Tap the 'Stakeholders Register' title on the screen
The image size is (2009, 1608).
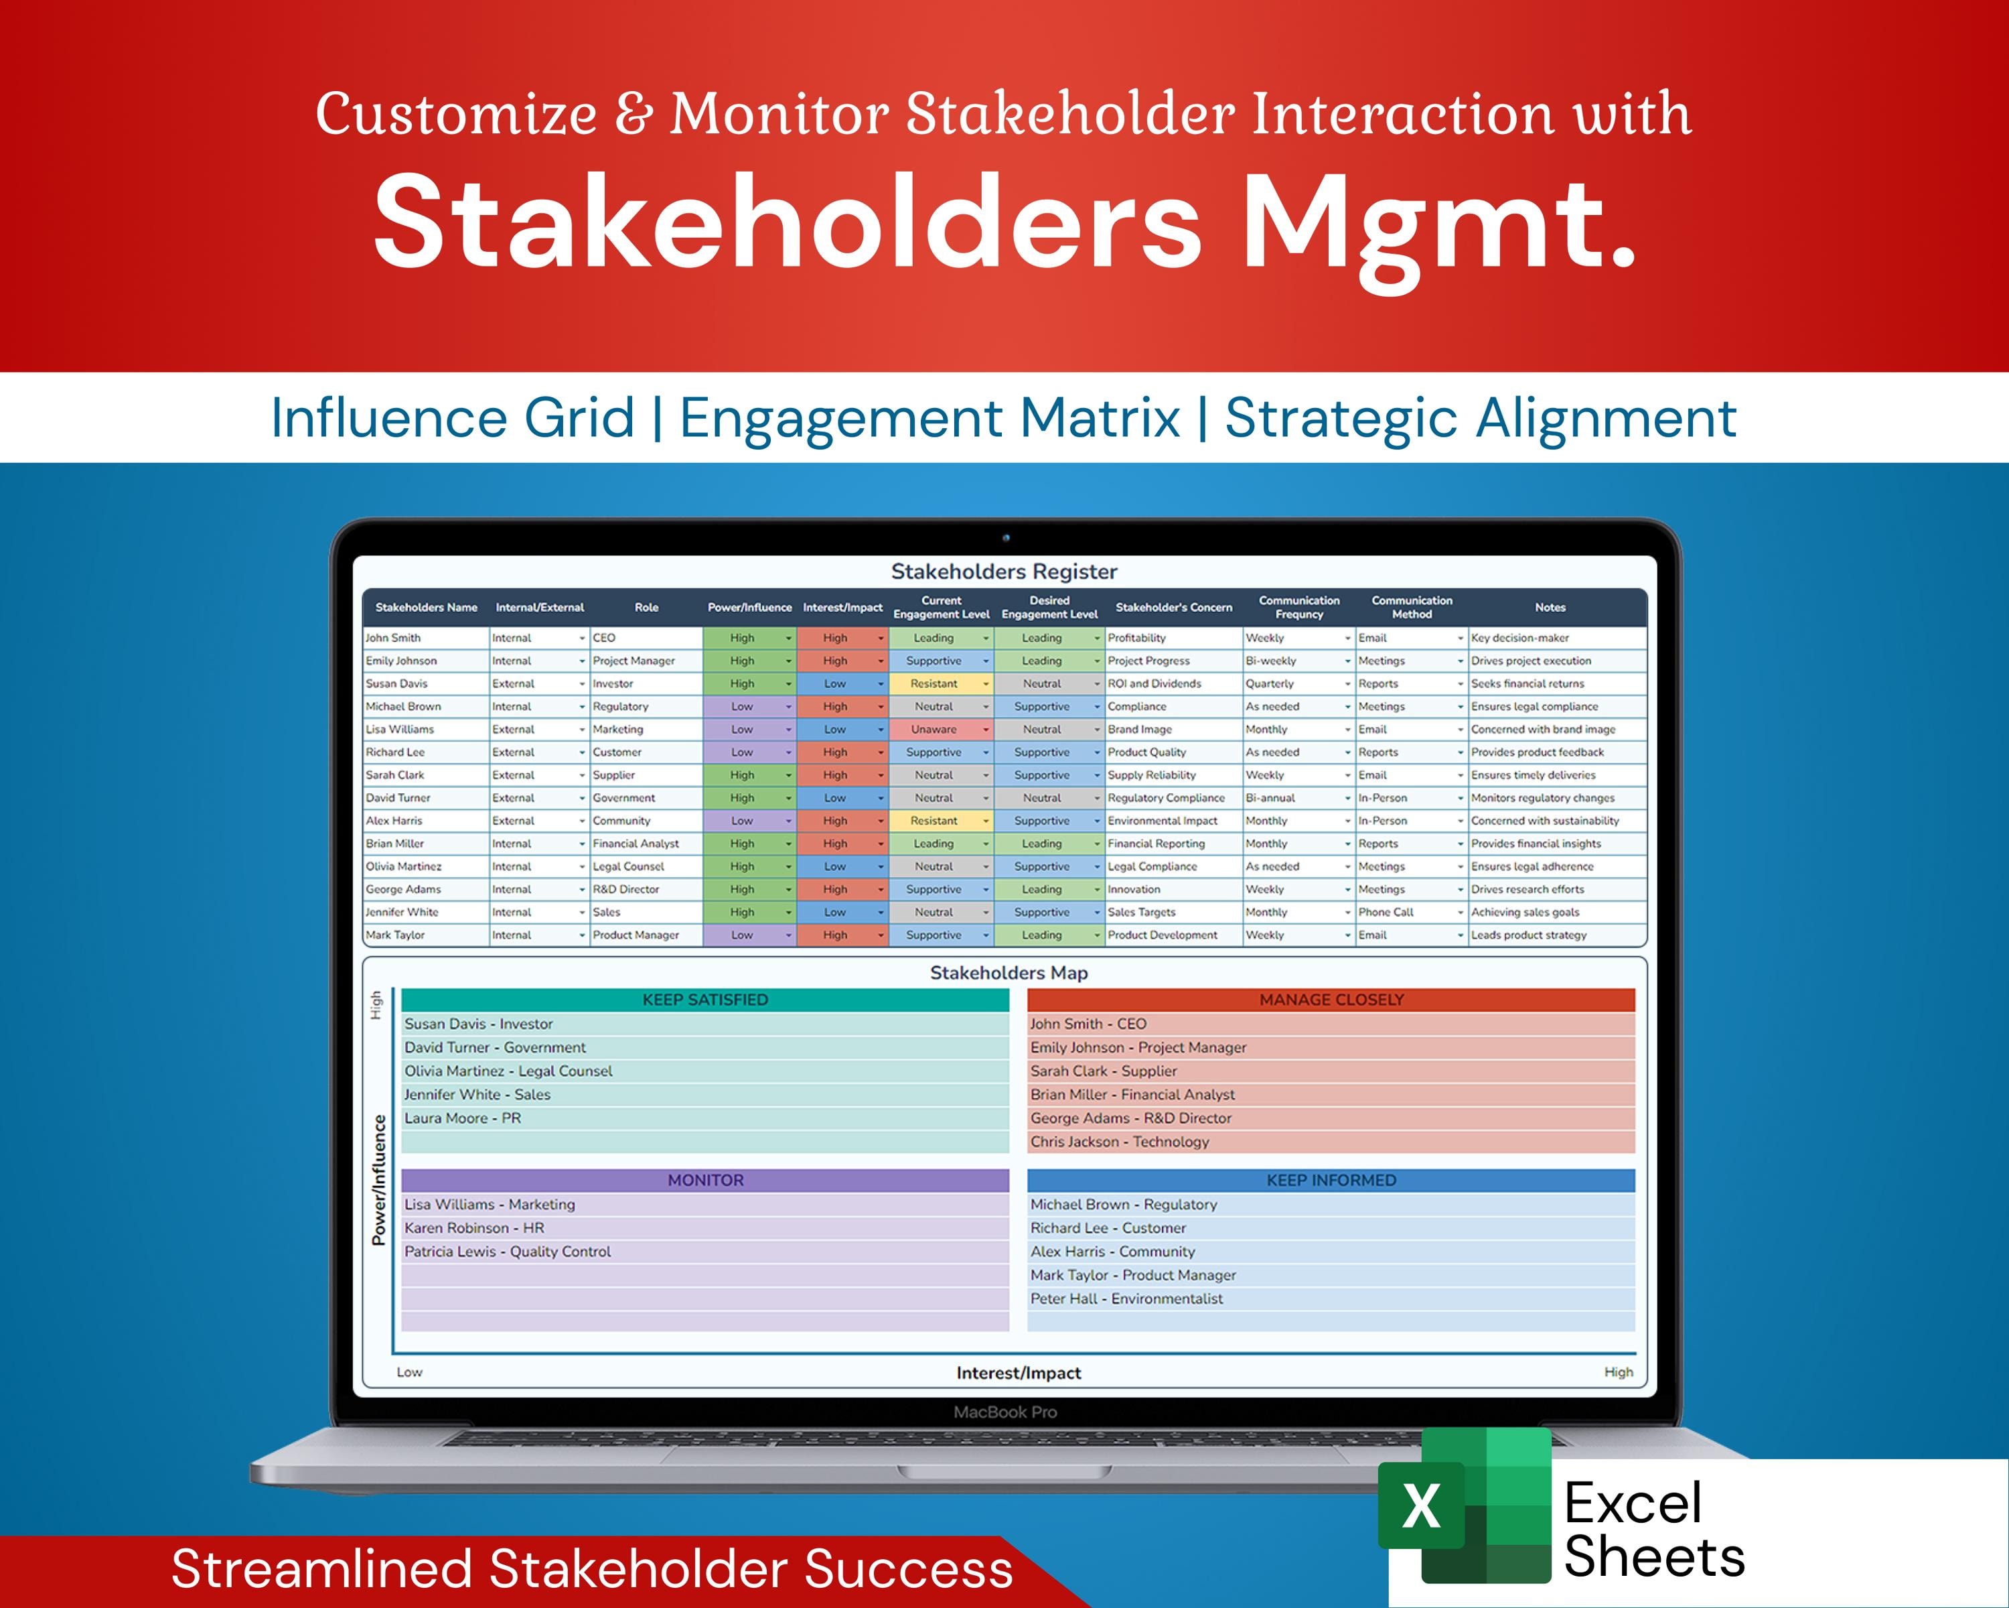1004,572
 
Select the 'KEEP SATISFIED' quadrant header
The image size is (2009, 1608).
705,999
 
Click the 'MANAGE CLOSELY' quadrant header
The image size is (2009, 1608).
1331,999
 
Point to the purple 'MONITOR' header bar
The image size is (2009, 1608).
705,1180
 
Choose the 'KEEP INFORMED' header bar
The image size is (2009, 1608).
1331,1180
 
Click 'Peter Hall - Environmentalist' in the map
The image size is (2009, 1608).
1126,1298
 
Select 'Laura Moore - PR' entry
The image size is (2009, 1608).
462,1118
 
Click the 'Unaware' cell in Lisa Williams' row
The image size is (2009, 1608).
934,729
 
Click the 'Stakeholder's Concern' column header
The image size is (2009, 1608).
1173,607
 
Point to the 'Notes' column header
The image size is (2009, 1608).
1550,607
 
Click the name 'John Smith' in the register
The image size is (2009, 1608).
393,638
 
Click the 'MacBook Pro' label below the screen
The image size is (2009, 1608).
1004,1412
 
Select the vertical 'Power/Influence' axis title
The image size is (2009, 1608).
378,1180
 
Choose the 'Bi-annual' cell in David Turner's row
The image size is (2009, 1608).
1270,798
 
